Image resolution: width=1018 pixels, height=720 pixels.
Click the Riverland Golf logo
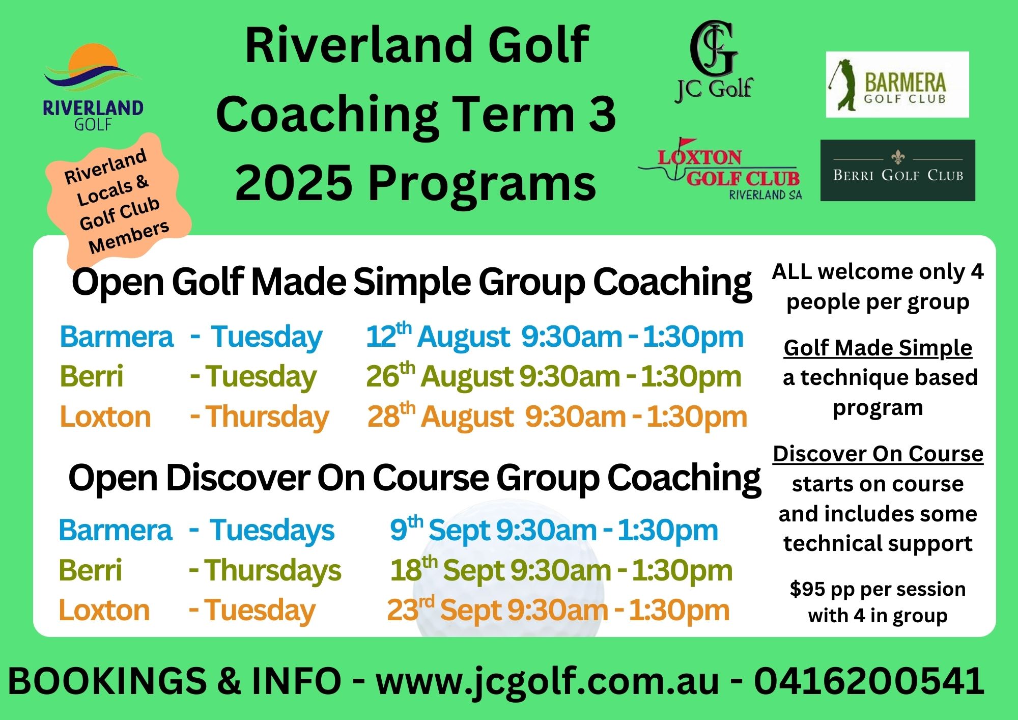93,87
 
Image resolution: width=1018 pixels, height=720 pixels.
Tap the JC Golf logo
714,62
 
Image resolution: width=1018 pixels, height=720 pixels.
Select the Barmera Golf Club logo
897,85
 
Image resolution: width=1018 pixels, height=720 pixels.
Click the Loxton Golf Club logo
720,169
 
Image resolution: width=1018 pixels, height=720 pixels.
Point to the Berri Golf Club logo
898,170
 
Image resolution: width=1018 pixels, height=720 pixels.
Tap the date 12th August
438,336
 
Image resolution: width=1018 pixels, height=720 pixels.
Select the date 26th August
439,376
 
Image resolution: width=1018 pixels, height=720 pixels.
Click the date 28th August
440,416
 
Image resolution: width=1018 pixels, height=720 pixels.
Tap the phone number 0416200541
869,681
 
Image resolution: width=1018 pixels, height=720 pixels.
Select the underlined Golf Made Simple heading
878,348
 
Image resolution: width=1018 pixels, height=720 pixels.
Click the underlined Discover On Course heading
878,454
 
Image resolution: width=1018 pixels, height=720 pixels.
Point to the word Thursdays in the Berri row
273,570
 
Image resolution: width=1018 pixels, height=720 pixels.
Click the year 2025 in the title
294,182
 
